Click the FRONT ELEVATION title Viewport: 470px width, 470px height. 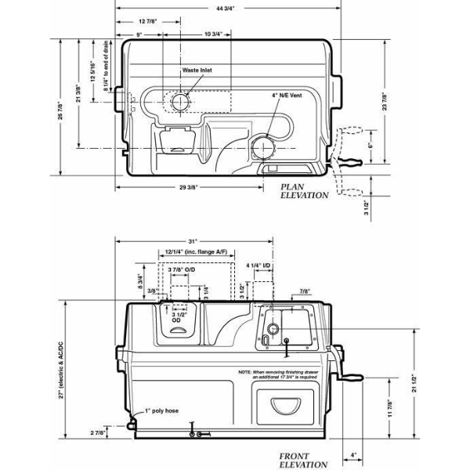[x=303, y=459]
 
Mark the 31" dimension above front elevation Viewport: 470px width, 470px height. [x=193, y=240]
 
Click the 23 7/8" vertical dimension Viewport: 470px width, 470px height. [x=384, y=103]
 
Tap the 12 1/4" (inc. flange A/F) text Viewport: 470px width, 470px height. [x=196, y=252]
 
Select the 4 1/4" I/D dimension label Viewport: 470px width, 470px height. [x=259, y=266]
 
